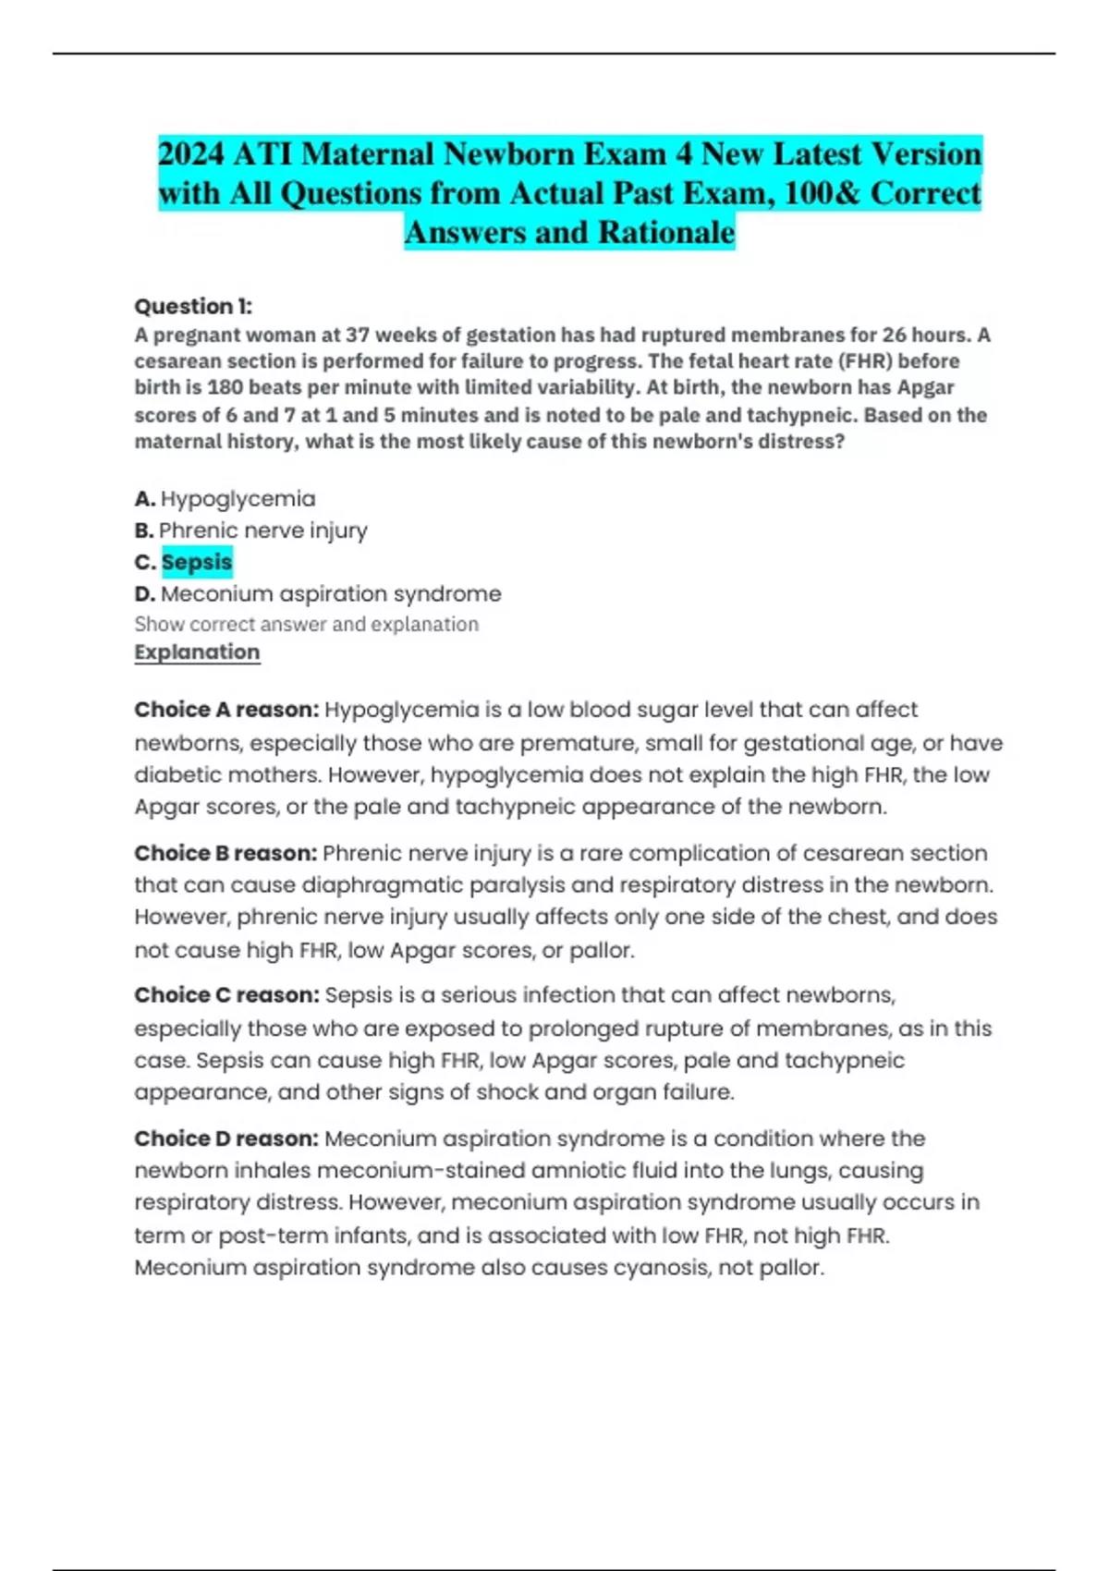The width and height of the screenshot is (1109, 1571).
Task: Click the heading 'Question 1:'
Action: [x=193, y=306]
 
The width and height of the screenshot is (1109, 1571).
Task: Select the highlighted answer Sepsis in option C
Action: [x=197, y=562]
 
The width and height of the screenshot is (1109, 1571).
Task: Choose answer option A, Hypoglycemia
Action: [x=238, y=499]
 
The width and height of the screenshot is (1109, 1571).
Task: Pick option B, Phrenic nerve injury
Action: [x=262, y=530]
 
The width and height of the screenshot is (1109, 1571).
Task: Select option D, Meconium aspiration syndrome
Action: [x=331, y=593]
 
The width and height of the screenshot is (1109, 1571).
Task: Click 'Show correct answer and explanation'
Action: [x=307, y=625]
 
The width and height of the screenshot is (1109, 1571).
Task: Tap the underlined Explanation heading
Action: [x=197, y=652]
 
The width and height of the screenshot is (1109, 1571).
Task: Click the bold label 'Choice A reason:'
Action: [x=226, y=710]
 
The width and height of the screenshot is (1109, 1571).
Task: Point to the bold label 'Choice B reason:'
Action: [x=225, y=853]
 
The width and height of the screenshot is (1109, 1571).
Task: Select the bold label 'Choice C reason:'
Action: [x=226, y=995]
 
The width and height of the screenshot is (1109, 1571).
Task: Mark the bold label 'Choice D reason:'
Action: [x=226, y=1139]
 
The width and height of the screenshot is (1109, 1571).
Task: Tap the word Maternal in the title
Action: [x=368, y=153]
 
